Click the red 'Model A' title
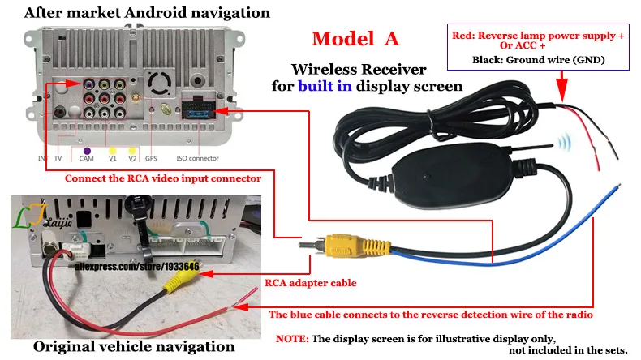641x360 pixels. coord(355,39)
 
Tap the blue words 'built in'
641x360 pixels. coord(325,86)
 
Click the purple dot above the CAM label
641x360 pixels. coord(87,151)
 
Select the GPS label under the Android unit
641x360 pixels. coord(151,158)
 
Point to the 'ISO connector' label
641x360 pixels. coord(197,158)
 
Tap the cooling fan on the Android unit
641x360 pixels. coord(159,83)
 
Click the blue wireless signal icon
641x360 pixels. coord(565,142)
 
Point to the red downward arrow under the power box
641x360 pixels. coord(562,86)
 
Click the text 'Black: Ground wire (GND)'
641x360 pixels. coord(539,60)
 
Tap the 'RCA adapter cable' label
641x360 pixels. coord(310,283)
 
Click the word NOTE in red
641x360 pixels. coord(292,339)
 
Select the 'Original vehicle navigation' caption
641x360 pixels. coord(134,346)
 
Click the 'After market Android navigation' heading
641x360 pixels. coord(147,13)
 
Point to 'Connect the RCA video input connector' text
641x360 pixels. coord(163,178)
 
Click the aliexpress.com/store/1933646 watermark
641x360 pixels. coord(136,267)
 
